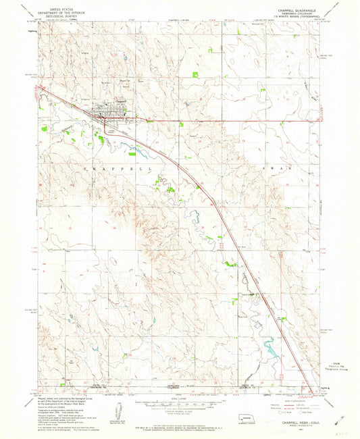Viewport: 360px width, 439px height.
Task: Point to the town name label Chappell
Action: pyautogui.click(x=121, y=101)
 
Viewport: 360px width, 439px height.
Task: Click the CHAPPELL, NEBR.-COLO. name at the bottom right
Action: pyautogui.click(x=288, y=402)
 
